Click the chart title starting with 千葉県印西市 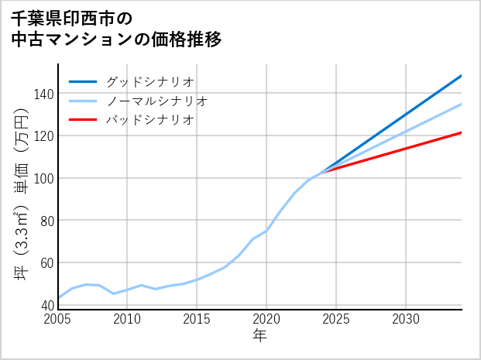(x=116, y=28)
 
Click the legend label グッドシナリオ (x=149, y=81)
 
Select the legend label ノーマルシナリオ (x=156, y=101)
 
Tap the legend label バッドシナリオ (x=149, y=120)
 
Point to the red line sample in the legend (x=83, y=120)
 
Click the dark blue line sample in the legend (x=83, y=81)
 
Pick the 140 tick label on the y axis (x=44, y=94)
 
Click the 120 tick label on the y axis (x=44, y=136)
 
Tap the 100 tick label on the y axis (x=44, y=178)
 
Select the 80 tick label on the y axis (x=46, y=221)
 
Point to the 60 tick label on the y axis (x=46, y=263)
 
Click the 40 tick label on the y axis (x=46, y=305)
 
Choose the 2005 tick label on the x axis (x=58, y=319)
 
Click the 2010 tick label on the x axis (x=128, y=319)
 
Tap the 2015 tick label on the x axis (x=197, y=319)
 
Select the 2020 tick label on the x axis (x=266, y=319)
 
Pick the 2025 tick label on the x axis (x=336, y=319)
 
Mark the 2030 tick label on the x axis (x=406, y=319)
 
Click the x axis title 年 (x=260, y=336)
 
